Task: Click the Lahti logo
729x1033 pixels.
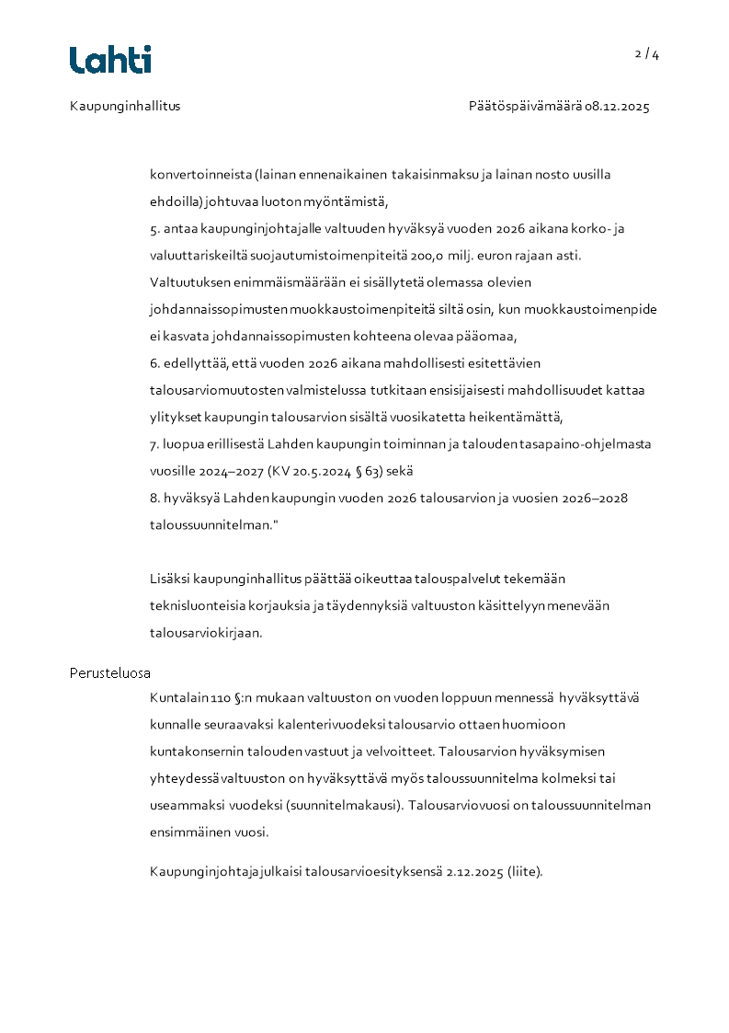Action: [110, 60]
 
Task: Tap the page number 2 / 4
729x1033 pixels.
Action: [647, 54]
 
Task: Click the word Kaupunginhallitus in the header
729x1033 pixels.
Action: [125, 106]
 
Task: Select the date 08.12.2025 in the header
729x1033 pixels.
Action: [617, 106]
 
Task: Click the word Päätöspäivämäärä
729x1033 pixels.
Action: [525, 106]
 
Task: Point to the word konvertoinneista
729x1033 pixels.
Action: [200, 174]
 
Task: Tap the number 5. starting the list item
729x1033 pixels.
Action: [155, 228]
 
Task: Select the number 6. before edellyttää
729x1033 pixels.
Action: [155, 363]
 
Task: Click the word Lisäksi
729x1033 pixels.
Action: [172, 579]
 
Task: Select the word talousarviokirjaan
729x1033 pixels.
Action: [206, 633]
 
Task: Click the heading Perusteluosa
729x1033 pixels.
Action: [110, 672]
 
